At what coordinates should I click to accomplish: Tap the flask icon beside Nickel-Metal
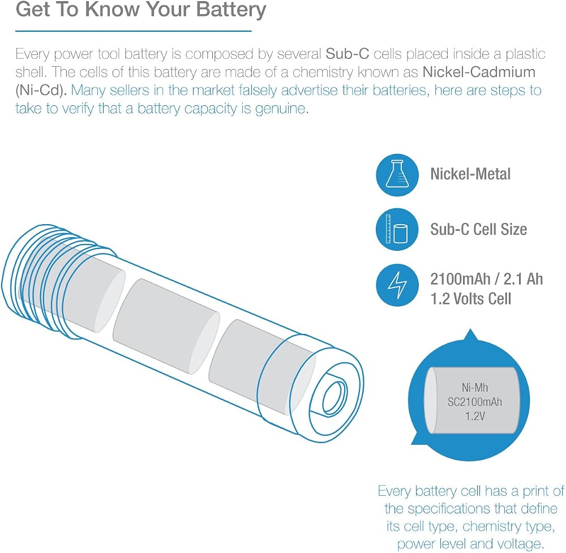pos(397,175)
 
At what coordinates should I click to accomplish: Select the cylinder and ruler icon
pos(397,229)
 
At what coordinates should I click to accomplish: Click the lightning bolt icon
pos(397,285)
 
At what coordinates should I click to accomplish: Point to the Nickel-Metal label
pos(470,174)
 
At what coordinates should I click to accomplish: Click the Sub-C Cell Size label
pos(478,229)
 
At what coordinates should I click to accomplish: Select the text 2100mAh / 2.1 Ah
pos(486,279)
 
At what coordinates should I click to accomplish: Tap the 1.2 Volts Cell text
pos(470,299)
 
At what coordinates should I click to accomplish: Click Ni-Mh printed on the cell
pos(475,388)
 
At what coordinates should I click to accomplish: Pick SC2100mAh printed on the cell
pos(475,402)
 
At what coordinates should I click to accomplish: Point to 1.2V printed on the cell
pos(475,416)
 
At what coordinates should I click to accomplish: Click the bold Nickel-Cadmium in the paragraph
pos(479,72)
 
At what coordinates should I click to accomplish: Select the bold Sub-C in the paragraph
pos(348,54)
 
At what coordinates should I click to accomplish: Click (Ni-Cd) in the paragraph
pos(41,90)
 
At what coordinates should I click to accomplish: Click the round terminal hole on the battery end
pos(335,398)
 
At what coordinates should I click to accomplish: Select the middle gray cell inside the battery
pos(166,327)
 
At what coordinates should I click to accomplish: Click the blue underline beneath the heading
pos(133,31)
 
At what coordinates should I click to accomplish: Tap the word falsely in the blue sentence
pos(258,90)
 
